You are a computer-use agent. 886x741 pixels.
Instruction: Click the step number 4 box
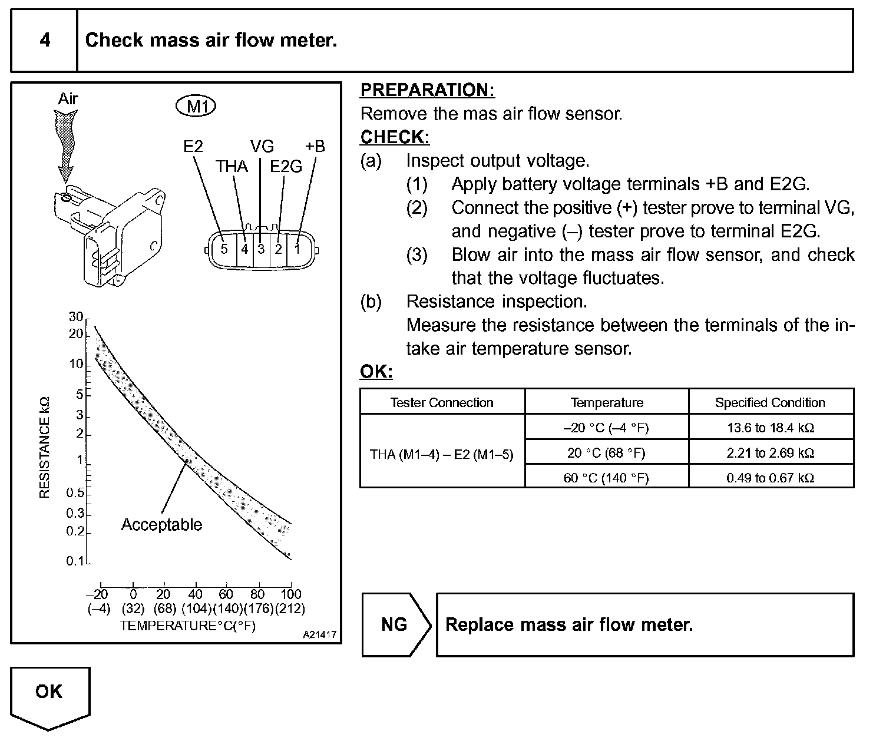click(44, 40)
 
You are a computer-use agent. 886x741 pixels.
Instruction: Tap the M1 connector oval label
click(196, 107)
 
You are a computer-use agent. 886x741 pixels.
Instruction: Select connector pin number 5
click(224, 249)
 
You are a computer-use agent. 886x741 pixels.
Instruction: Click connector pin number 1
click(297, 249)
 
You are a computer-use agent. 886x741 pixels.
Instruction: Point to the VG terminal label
click(262, 146)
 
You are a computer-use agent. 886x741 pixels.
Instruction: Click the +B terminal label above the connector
click(315, 146)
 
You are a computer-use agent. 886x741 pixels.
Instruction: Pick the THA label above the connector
click(232, 167)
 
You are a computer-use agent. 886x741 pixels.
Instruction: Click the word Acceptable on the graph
click(161, 525)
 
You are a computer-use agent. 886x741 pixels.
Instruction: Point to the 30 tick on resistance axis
click(76, 317)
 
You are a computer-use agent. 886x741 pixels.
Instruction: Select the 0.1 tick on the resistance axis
click(75, 561)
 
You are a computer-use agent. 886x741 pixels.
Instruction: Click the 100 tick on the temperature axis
click(290, 594)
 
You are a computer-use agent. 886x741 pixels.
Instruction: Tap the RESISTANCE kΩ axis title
click(44, 448)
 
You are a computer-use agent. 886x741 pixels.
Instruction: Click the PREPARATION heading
click(427, 90)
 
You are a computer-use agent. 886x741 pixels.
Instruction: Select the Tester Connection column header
click(442, 403)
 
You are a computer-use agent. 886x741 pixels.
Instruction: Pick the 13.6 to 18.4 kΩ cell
click(771, 428)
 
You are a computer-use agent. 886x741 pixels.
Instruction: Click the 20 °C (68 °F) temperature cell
click(606, 453)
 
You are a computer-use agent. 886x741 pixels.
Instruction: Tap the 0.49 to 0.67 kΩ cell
click(771, 478)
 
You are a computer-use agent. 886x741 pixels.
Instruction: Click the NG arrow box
click(395, 624)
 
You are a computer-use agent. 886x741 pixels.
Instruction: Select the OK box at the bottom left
click(49, 692)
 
